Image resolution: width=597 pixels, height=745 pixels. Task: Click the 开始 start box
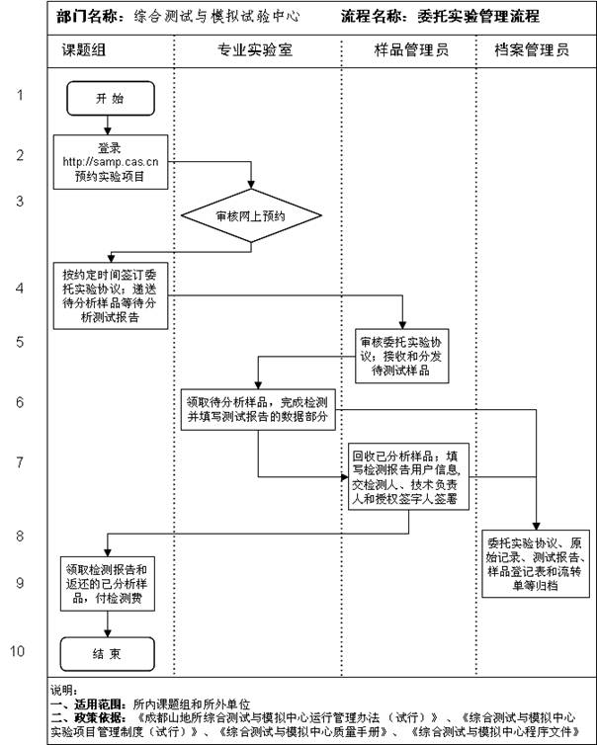pyautogui.click(x=110, y=99)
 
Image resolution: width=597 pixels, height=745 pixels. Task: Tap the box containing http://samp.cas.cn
pyautogui.click(x=110, y=164)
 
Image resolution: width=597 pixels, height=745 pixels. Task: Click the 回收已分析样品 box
pyautogui.click(x=409, y=477)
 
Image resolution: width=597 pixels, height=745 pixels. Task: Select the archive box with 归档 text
pyautogui.click(x=537, y=564)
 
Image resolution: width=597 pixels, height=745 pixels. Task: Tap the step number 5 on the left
pyautogui.click(x=19, y=342)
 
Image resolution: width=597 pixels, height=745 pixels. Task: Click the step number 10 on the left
pyautogui.click(x=19, y=650)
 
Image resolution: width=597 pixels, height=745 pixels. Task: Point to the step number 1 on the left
pyautogui.click(x=19, y=96)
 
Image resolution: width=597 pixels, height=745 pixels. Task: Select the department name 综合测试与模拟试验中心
pyautogui.click(x=218, y=17)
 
